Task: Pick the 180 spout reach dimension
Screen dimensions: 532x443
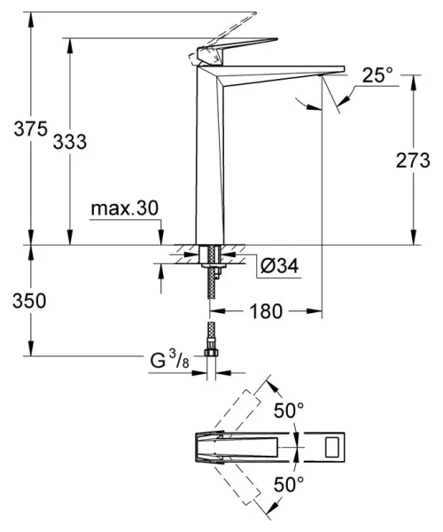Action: pos(265,312)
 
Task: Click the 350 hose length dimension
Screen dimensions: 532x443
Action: pos(18,301)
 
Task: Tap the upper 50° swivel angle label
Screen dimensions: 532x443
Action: pos(288,410)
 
